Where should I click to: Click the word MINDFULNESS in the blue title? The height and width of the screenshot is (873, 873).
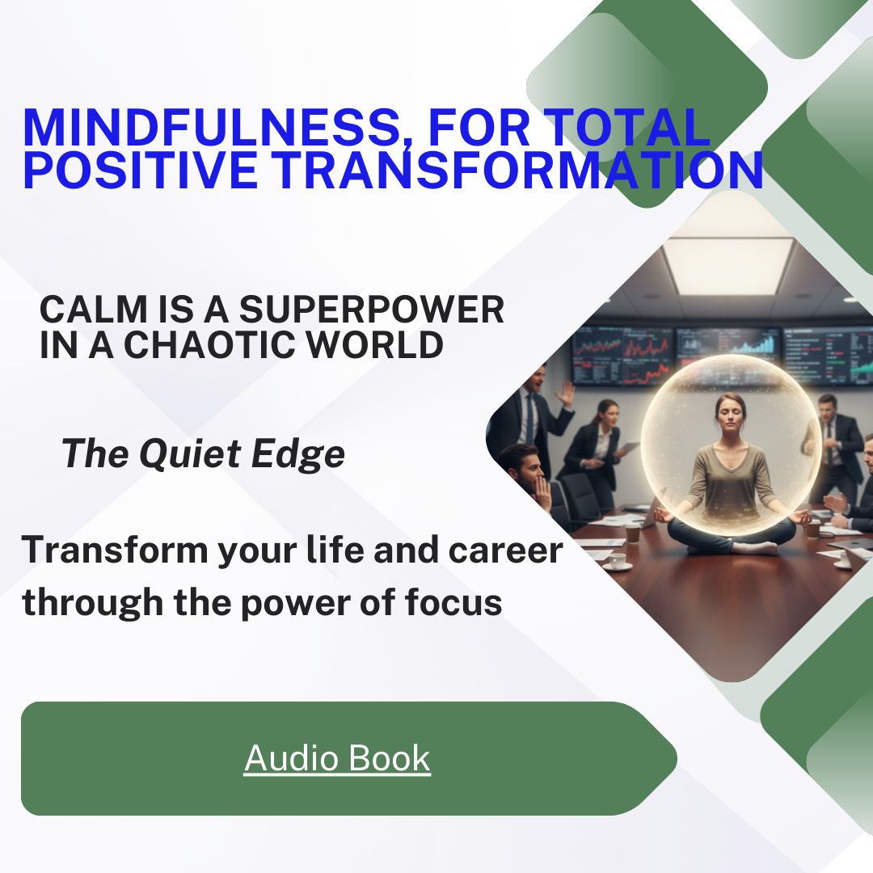211,128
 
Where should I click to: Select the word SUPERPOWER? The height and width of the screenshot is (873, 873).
371,310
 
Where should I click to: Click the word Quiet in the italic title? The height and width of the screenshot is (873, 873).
190,453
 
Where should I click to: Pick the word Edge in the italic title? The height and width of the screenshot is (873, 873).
297,453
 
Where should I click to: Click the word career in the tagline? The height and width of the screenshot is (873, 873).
505,550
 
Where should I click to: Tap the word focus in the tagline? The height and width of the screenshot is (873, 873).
453,602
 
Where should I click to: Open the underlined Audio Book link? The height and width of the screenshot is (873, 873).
337,758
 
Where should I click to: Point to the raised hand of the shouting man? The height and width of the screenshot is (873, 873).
566,394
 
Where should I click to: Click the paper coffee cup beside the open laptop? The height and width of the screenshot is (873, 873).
632,532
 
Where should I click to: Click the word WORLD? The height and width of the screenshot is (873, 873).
375,344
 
